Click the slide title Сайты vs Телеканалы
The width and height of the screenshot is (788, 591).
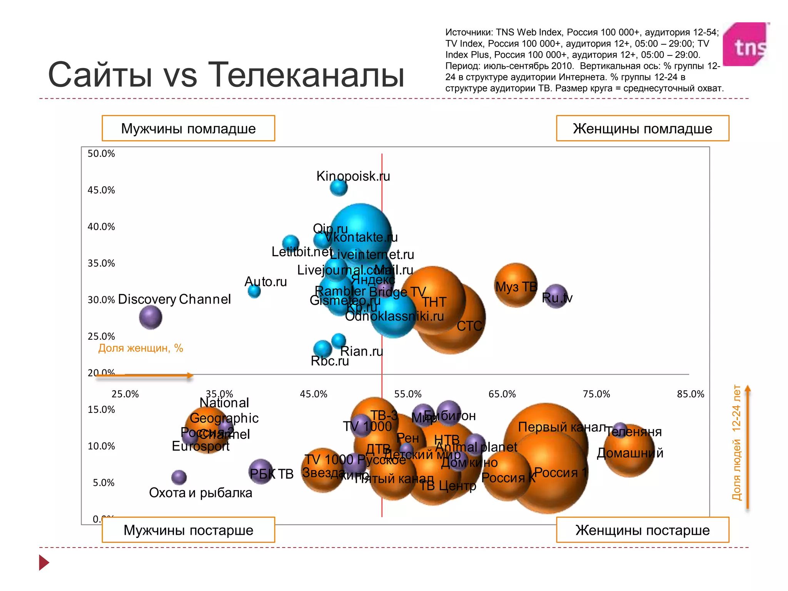point(226,75)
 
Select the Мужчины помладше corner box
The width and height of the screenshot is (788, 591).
point(188,129)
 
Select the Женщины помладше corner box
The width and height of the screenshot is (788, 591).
point(642,129)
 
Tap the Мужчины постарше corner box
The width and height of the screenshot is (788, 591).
point(188,530)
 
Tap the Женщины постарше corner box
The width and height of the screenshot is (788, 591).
point(642,530)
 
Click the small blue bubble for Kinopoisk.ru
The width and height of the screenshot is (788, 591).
point(339,188)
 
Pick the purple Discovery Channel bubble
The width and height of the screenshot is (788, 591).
point(150,317)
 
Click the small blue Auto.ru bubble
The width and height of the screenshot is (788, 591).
point(254,291)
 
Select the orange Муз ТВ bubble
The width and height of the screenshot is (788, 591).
point(516,285)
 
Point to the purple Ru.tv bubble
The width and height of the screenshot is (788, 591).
point(556,296)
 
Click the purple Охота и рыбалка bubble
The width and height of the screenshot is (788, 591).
point(179,477)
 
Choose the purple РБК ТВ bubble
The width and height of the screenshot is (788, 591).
point(261,471)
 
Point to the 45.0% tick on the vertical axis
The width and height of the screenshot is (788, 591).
point(101,190)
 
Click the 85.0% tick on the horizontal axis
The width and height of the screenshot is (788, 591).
point(690,394)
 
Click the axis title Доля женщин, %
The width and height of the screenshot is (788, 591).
point(140,348)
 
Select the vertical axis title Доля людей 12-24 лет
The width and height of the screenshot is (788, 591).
point(736,442)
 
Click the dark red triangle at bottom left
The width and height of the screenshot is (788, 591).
point(44,563)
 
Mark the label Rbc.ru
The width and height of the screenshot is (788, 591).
point(330,361)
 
